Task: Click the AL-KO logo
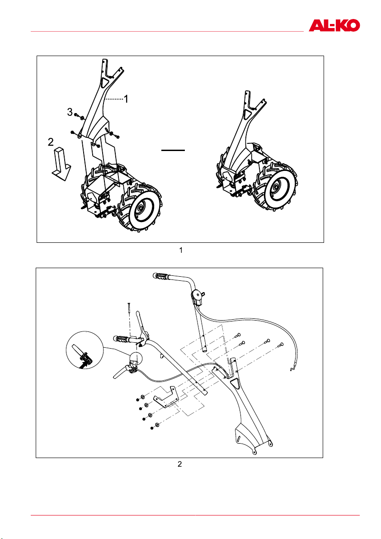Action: pyautogui.click(x=334, y=25)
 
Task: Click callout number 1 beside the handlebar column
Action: pyautogui.click(x=126, y=99)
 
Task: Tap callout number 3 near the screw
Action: pyautogui.click(x=70, y=112)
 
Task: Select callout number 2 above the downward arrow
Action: pyautogui.click(x=51, y=142)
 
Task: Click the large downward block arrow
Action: pyautogui.click(x=61, y=164)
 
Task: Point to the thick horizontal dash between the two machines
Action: pyautogui.click(x=173, y=150)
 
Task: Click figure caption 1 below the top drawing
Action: pyautogui.click(x=181, y=250)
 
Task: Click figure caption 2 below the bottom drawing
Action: pyautogui.click(x=180, y=464)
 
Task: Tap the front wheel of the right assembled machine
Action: pyautogui.click(x=276, y=187)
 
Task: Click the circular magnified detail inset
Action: pyautogui.click(x=85, y=350)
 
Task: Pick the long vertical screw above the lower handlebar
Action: pyautogui.click(x=128, y=308)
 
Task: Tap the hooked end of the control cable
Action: pyautogui.click(x=293, y=369)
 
